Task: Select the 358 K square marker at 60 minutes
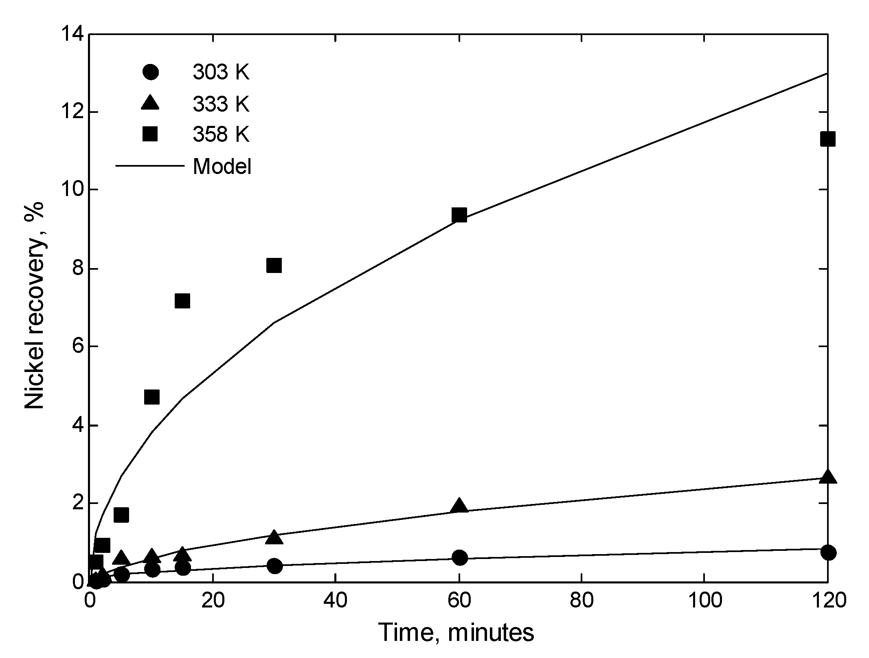[459, 215]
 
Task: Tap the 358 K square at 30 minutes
[274, 266]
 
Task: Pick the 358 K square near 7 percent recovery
[182, 301]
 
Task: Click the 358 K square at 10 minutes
[151, 397]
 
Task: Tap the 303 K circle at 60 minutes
[460, 557]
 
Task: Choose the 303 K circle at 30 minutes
[275, 566]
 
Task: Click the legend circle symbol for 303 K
[150, 73]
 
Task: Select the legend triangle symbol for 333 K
[150, 103]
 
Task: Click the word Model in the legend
[222, 166]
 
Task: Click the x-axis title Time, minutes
[456, 633]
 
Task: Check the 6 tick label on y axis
[77, 346]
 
